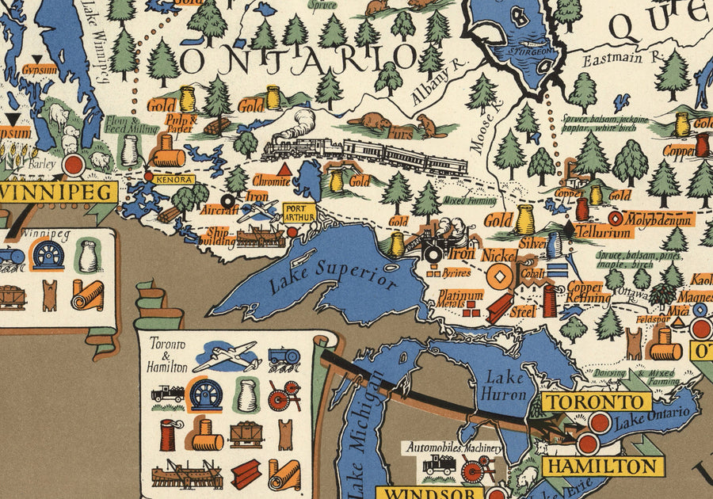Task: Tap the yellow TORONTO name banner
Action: point(592,401)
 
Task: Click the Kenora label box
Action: point(174,180)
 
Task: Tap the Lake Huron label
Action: point(505,385)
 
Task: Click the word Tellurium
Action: point(604,232)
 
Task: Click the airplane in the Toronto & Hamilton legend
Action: point(227,356)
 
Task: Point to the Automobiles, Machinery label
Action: point(454,448)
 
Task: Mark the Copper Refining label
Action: point(587,291)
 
